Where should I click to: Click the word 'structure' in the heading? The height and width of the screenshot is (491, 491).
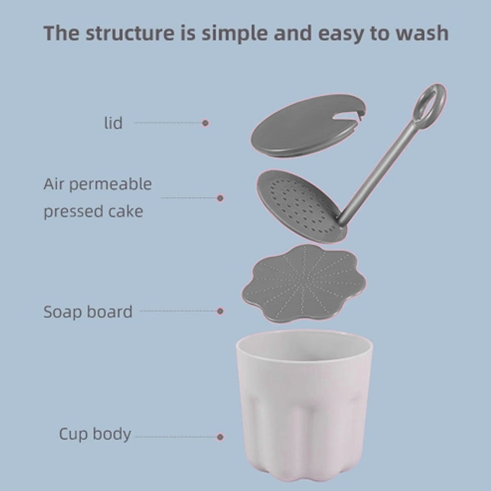(x=130, y=33)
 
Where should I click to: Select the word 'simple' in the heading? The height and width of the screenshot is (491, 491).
(x=233, y=33)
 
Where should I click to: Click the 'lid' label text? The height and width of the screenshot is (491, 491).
(x=113, y=123)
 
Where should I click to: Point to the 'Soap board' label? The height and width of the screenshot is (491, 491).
(x=88, y=312)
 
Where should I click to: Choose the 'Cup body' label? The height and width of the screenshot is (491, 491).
(x=95, y=434)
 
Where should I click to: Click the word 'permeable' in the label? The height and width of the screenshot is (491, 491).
(x=110, y=184)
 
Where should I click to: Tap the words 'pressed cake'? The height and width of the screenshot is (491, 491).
(x=93, y=211)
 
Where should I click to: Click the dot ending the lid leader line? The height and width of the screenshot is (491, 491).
(x=205, y=123)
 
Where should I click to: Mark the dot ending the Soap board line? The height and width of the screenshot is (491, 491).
(x=220, y=311)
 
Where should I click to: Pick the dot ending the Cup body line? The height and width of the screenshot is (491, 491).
(x=220, y=437)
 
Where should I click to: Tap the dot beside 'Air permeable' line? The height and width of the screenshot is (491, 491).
(x=220, y=198)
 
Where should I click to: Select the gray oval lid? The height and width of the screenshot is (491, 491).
(x=301, y=128)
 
